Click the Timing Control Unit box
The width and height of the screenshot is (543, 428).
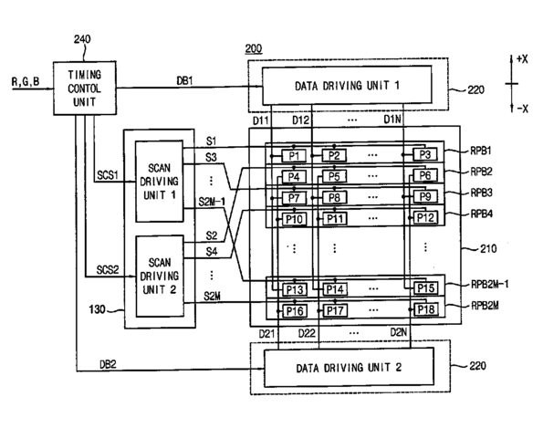pos(85,88)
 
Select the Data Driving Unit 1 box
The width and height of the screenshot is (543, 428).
pos(347,85)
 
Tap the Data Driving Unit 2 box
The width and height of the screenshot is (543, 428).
pos(349,368)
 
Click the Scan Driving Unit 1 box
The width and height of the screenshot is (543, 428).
pos(160,181)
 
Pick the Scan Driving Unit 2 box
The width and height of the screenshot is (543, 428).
pos(160,276)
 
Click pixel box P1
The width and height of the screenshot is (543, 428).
pos(294,156)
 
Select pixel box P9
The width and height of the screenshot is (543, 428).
pos(425,197)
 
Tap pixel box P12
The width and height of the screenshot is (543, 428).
pos(425,218)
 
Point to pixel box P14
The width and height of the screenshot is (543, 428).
pos(335,289)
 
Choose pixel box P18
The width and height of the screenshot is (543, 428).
pos(426,309)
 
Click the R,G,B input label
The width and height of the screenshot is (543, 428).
pos(26,82)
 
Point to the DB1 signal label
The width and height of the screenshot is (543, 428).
pos(185,80)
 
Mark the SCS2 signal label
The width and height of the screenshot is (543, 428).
pos(108,269)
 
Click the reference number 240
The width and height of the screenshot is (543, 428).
pos(82,39)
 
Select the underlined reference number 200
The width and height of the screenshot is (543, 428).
pos(254,48)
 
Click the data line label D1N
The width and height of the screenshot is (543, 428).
pos(392,120)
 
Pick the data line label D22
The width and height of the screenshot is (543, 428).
pos(307,333)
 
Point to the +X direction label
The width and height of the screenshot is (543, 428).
pos(522,59)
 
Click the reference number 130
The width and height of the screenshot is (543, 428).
pos(98,308)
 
